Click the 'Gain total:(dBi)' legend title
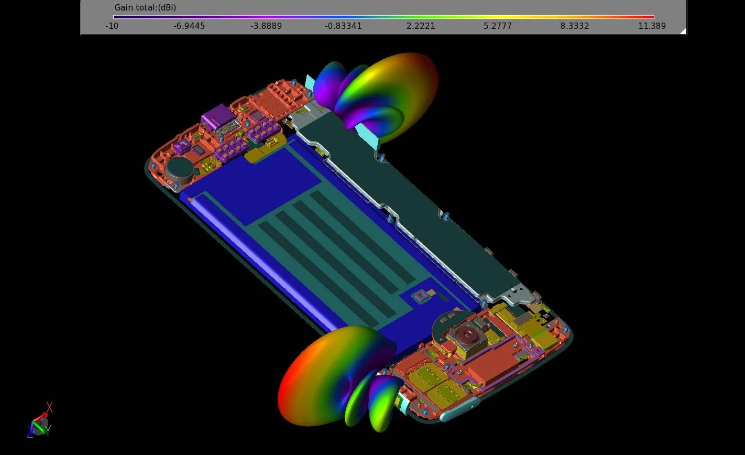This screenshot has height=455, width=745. tap(145, 8)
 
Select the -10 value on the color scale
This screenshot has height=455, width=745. tap(112, 26)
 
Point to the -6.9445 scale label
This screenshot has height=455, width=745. tap(189, 26)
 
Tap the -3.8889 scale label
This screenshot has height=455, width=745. tap(266, 26)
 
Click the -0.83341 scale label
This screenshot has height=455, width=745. tap(343, 26)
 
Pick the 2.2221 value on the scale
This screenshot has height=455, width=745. tap(421, 26)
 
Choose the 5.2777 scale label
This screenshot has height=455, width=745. tap(498, 26)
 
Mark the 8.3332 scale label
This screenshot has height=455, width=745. tap(575, 26)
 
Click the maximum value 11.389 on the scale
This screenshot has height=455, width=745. tap(652, 26)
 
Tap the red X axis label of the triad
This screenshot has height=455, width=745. tap(50, 407)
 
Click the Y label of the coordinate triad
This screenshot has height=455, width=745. tap(48, 431)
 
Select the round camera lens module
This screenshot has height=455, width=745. tap(465, 334)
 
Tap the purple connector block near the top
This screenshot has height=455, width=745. tap(216, 116)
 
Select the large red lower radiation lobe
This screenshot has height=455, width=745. tap(314, 377)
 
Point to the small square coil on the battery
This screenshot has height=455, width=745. tap(420, 297)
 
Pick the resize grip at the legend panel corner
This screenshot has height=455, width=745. tap(682, 31)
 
